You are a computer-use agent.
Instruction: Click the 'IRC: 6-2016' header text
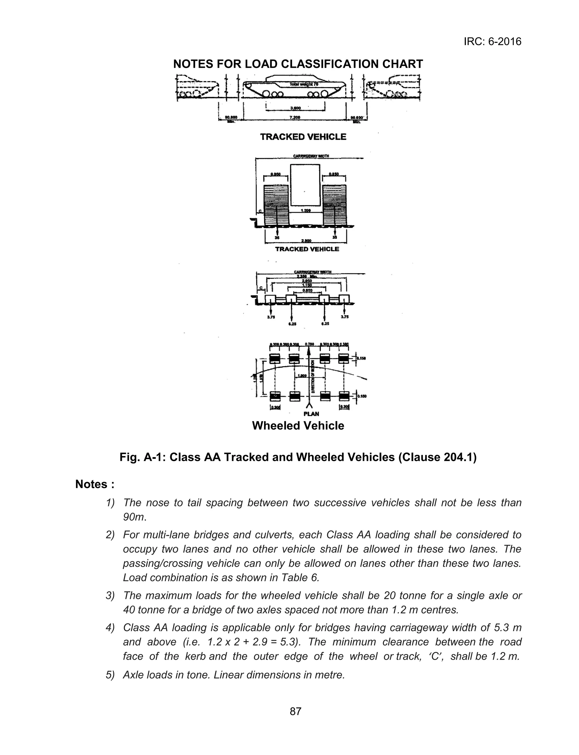click(492, 42)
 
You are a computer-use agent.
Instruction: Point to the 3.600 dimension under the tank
click(295, 108)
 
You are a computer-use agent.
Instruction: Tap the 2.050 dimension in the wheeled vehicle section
click(306, 281)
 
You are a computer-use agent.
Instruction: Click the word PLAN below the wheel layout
click(311, 414)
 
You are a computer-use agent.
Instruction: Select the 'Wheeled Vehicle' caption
click(298, 426)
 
